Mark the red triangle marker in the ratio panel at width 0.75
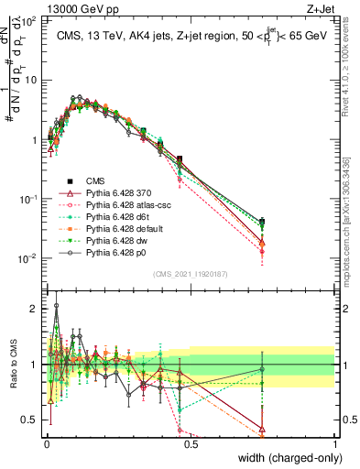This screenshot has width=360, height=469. (263, 426)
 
